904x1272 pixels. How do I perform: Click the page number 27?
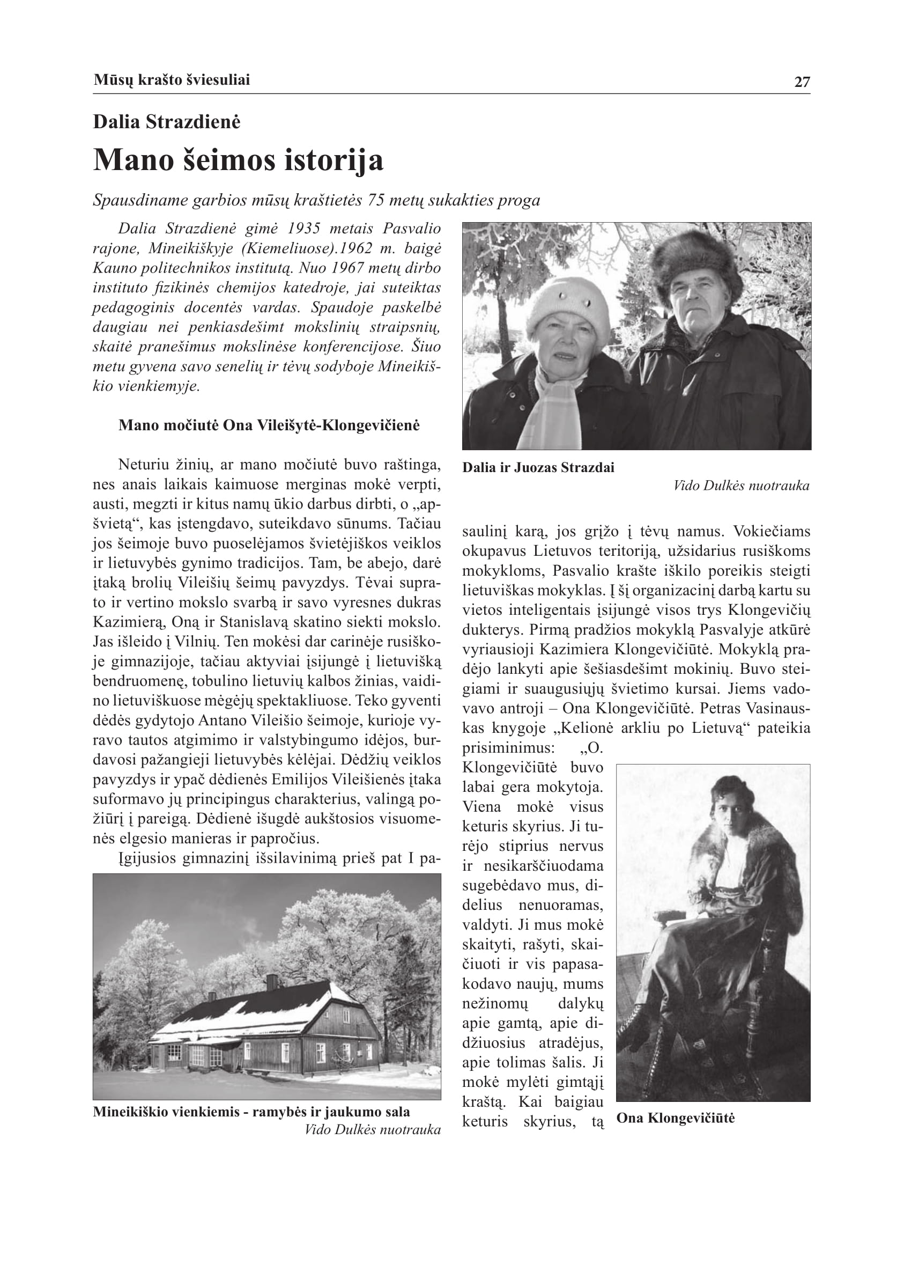point(802,83)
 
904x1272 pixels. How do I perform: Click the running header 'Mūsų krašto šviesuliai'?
point(172,80)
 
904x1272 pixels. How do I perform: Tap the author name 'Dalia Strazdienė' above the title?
point(166,122)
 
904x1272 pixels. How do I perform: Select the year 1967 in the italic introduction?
point(349,268)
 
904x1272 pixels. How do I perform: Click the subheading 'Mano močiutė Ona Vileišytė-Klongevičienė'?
point(269,425)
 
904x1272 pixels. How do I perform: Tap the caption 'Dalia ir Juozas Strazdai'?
point(538,468)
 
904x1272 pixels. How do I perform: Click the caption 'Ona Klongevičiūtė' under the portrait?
point(675,1118)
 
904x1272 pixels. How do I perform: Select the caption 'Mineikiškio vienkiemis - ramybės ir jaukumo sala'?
point(251,1112)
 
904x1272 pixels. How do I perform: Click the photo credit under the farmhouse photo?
point(373,1129)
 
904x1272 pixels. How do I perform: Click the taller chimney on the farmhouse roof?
point(272,981)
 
